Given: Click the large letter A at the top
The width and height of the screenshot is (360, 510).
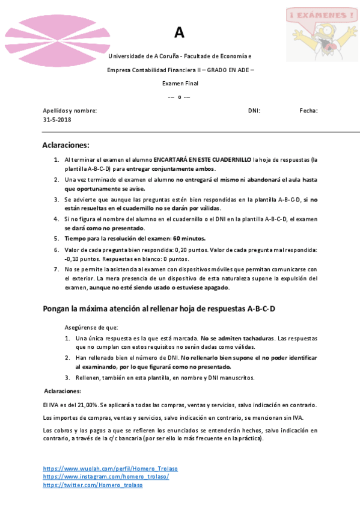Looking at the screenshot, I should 180,33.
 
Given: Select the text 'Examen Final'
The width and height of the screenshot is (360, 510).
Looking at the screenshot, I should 180,84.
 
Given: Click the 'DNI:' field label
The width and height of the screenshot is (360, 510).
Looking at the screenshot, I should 254,111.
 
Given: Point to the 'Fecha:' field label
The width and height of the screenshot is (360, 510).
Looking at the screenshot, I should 308,111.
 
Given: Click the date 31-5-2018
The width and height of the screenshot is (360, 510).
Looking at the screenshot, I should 57,120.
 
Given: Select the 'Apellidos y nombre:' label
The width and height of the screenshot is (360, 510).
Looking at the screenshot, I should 70,111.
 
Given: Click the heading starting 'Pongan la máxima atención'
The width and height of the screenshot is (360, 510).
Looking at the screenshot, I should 159,309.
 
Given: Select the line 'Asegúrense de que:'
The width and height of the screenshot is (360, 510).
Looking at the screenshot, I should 91,328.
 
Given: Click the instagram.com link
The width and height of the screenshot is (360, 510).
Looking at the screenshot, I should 106,476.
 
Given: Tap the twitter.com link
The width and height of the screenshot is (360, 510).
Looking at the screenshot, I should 93,485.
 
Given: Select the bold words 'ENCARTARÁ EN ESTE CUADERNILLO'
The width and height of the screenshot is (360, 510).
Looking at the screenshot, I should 203,160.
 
